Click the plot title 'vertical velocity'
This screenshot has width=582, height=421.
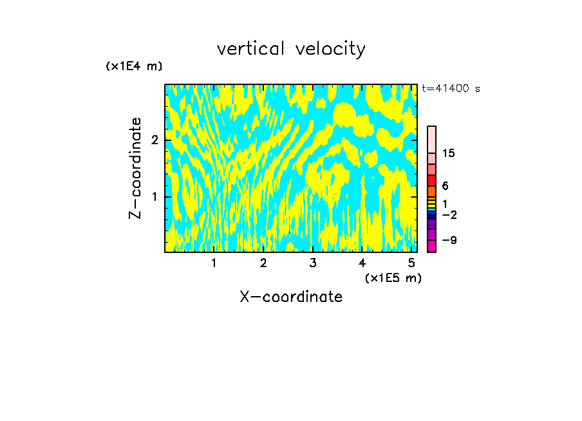tap(291, 49)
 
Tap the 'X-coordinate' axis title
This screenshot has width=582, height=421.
tap(291, 297)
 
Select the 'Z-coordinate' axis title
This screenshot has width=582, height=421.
tap(135, 168)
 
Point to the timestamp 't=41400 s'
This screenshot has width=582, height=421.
tap(451, 89)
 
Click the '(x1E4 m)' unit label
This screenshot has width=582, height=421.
tap(134, 66)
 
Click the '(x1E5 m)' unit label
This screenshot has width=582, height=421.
tap(393, 277)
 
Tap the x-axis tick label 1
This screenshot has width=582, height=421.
tap(214, 263)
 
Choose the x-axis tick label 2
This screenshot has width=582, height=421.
tap(263, 263)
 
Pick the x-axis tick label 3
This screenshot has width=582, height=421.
tap(313, 263)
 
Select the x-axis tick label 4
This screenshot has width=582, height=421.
tap(362, 263)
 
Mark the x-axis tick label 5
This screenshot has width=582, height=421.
tap(411, 263)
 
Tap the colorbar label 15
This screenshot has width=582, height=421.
tap(449, 153)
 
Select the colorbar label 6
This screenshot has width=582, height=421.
tap(445, 186)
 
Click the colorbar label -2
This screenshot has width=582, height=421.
tap(449, 215)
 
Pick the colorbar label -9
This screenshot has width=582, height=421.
tap(449, 240)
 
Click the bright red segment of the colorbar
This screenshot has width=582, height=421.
tap(431, 180)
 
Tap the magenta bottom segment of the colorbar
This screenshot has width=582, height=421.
tap(431, 246)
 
